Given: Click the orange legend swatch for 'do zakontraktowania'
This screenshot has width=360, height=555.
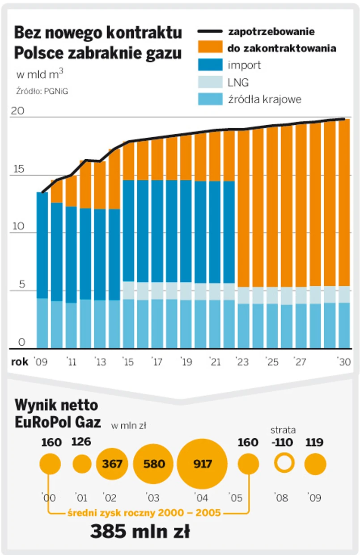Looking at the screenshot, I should click(x=210, y=48).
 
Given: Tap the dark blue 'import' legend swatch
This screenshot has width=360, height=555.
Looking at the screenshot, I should click(x=210, y=65).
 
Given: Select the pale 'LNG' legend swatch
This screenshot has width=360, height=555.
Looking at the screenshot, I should click(x=210, y=82).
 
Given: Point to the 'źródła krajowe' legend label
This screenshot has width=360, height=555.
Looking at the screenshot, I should click(x=264, y=99).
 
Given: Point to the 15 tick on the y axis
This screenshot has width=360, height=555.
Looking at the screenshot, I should click(x=18, y=169).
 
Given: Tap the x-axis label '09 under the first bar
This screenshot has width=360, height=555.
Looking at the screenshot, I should click(x=41, y=362).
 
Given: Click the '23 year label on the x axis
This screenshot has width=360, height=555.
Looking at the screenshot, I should click(x=242, y=362).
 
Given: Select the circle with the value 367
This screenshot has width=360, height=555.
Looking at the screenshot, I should click(x=112, y=464).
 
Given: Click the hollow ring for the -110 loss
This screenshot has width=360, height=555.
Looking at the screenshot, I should click(x=284, y=463).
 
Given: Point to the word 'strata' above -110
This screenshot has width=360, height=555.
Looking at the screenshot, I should click(x=283, y=431).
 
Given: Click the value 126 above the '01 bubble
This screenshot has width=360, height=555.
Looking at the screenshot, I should click(x=81, y=442).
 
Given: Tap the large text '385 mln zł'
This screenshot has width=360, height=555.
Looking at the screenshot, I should click(x=140, y=532).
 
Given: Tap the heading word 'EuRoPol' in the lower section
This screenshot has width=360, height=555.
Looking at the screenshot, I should click(x=44, y=422).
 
